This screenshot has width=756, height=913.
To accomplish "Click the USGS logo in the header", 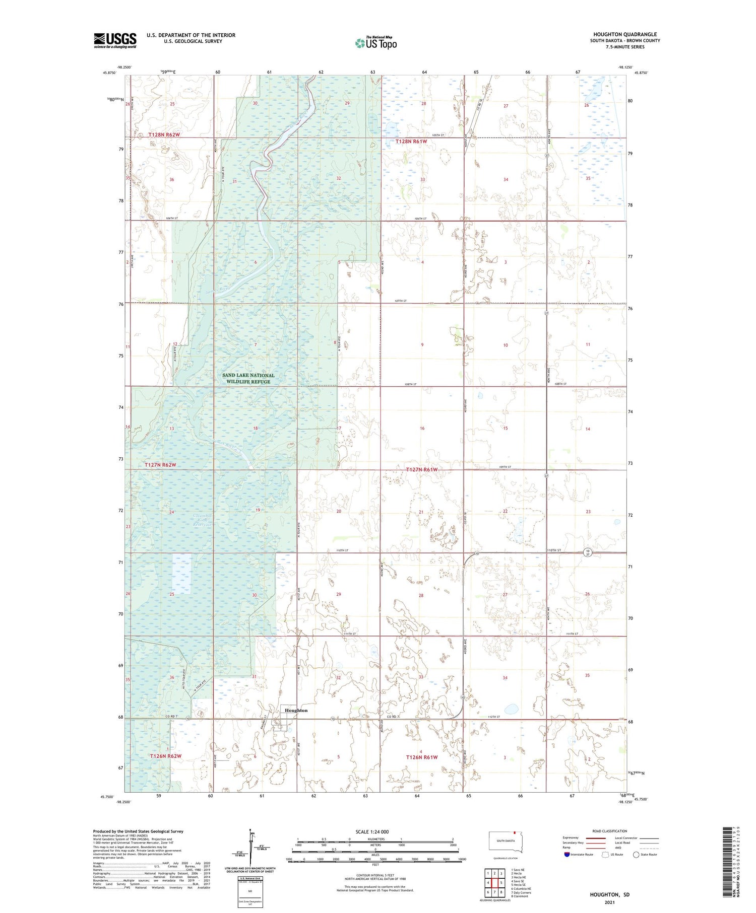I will [x=115, y=41].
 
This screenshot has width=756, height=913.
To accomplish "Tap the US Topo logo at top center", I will [x=375, y=43].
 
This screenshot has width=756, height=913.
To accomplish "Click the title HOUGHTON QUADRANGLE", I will [x=624, y=35].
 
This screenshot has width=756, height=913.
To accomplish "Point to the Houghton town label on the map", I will [x=296, y=711].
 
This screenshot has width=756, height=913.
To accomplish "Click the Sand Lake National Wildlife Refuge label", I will [x=248, y=378].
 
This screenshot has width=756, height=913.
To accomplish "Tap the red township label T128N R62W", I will [x=164, y=135].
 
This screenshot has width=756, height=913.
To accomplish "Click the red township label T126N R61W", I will [x=422, y=757].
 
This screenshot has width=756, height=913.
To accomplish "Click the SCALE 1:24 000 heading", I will [x=372, y=831].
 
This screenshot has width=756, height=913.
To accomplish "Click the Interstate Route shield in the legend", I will [x=567, y=855].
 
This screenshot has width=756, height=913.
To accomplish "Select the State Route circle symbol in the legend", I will [x=636, y=855].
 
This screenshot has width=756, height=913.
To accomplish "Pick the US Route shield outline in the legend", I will [x=605, y=855].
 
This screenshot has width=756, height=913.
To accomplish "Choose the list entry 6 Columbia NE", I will [x=521, y=889].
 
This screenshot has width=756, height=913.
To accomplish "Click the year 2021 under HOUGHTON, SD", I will [x=610, y=902].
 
